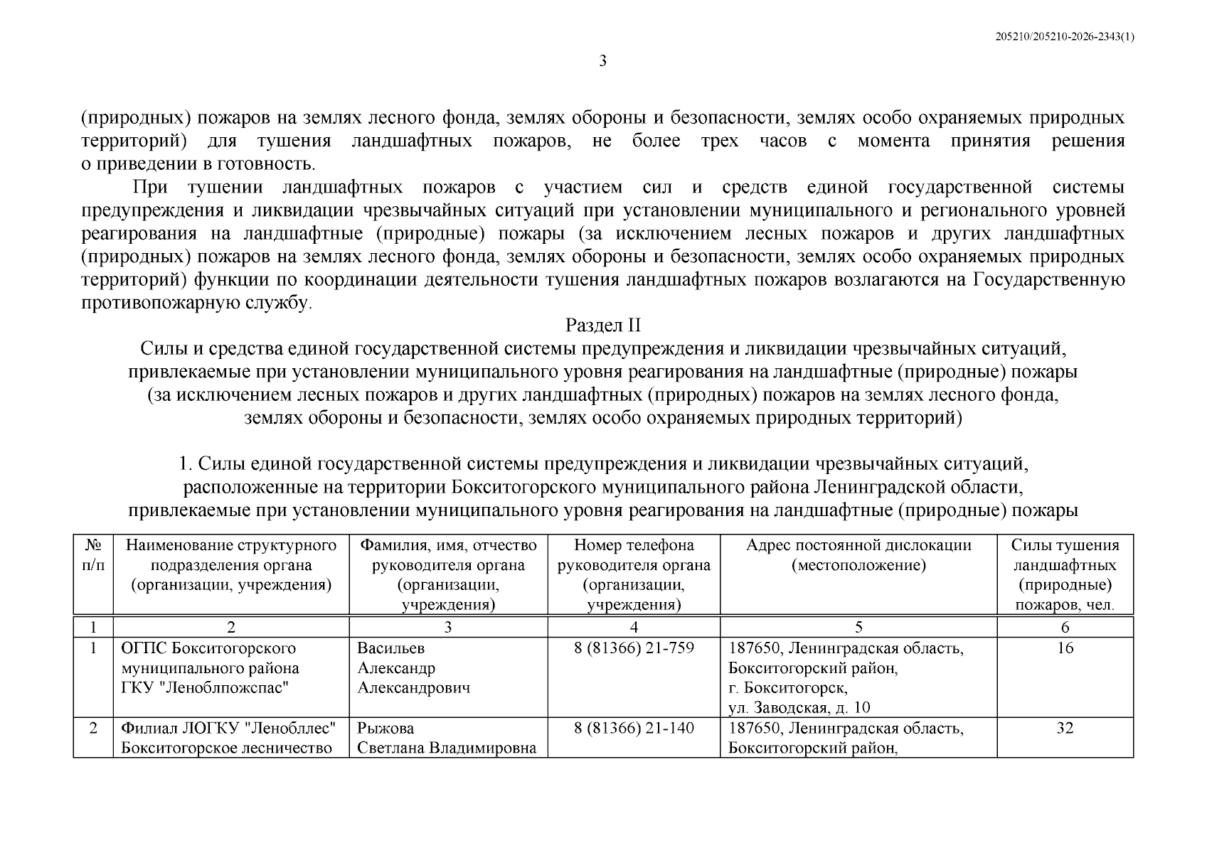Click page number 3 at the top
(x=602, y=61)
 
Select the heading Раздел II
(x=602, y=326)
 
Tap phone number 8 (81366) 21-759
(x=634, y=648)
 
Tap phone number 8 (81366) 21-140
(x=634, y=729)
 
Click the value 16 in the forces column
(x=1065, y=648)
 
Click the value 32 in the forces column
(x=1065, y=729)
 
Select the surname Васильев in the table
(x=390, y=648)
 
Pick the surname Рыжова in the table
(x=386, y=729)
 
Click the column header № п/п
(x=93, y=555)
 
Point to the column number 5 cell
(x=858, y=627)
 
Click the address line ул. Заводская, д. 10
(x=799, y=708)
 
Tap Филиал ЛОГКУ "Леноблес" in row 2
(x=228, y=729)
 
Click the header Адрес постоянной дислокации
(x=858, y=546)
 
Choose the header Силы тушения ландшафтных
(x=1065, y=555)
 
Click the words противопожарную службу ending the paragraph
(x=196, y=303)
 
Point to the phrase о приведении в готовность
(x=198, y=164)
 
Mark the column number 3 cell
(x=447, y=627)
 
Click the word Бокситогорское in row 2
(x=179, y=749)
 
